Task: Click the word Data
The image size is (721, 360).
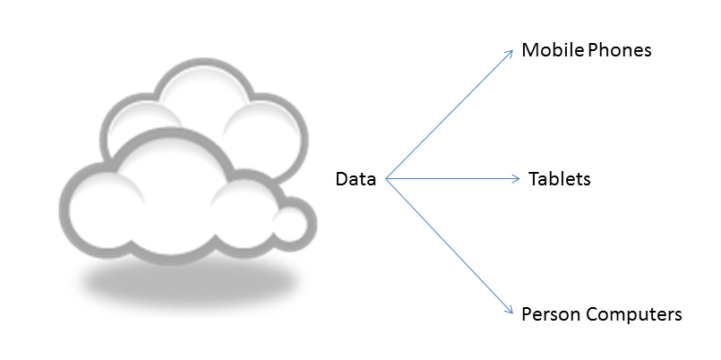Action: click(356, 179)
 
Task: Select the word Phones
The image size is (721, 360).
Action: click(618, 50)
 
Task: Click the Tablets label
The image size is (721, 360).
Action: click(559, 179)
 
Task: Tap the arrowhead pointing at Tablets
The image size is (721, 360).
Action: click(516, 179)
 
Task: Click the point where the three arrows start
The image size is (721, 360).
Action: click(386, 179)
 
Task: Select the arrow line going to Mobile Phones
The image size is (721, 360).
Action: click(448, 117)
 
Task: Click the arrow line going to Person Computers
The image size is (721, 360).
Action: click(448, 244)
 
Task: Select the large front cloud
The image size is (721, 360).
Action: click(170, 197)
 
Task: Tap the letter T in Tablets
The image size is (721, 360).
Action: click(533, 179)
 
